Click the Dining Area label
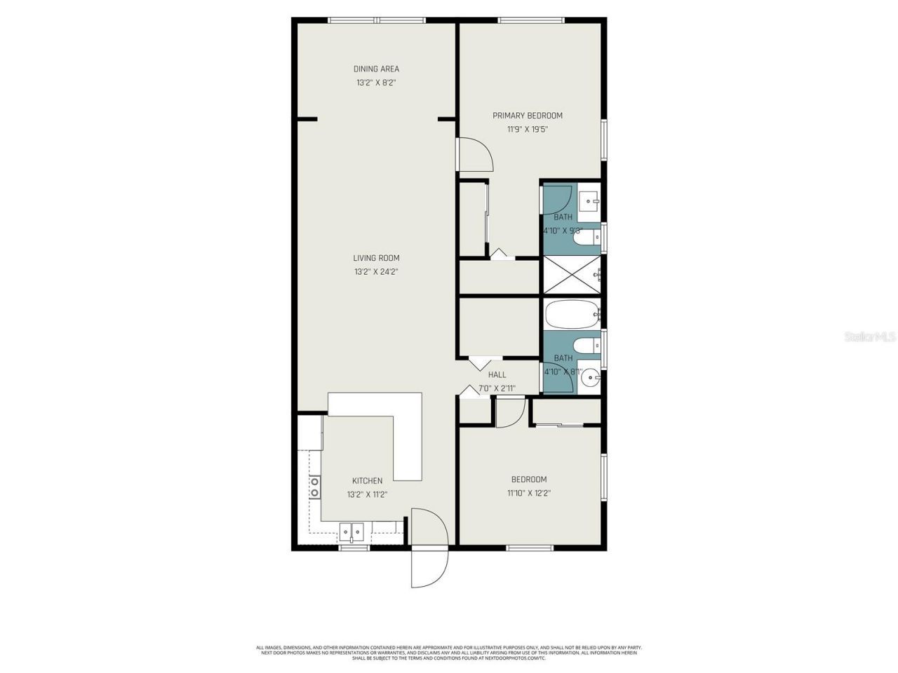[x=376, y=69]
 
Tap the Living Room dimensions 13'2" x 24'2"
[x=376, y=271]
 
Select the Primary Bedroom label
[x=527, y=116]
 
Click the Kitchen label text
[x=367, y=481]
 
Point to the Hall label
[x=497, y=375]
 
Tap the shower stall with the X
[x=572, y=275]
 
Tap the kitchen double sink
[x=351, y=531]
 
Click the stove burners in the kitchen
[x=315, y=487]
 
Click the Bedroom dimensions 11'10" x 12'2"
[x=528, y=493]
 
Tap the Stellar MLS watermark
[x=869, y=337]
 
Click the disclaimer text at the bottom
[x=449, y=653]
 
